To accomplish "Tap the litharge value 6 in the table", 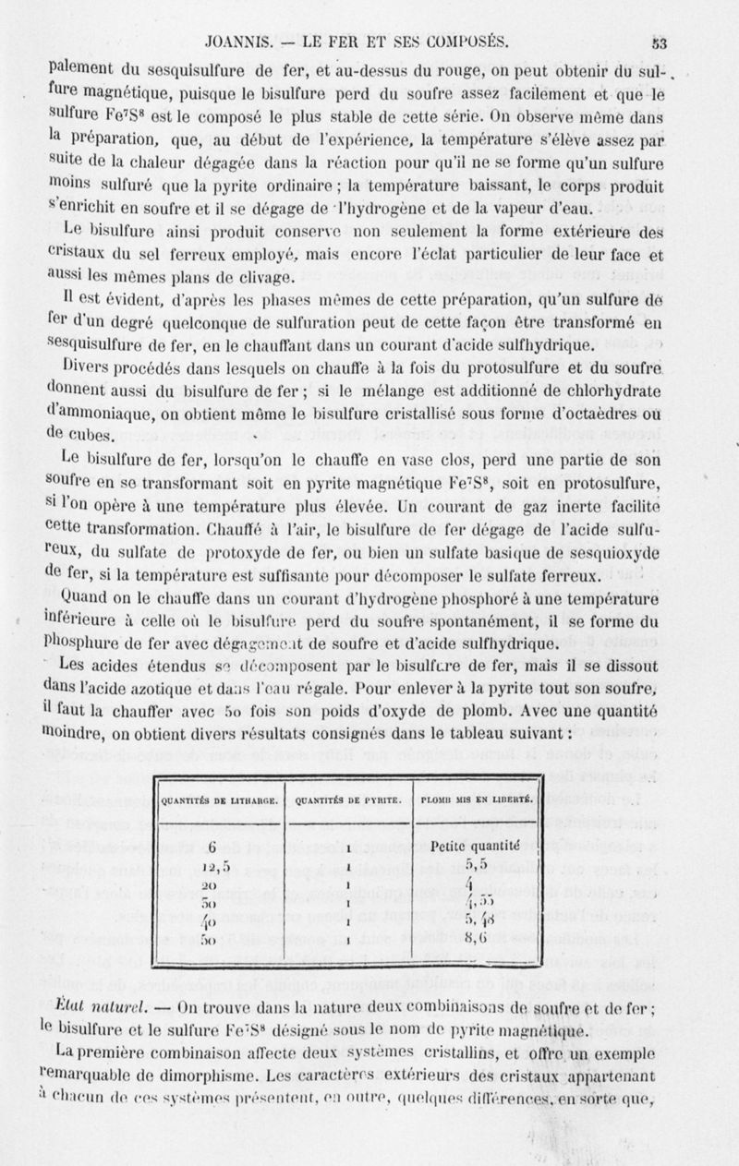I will click(x=212, y=848).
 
